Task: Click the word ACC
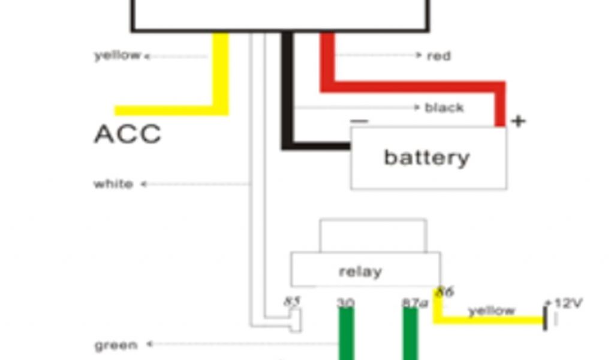tap(128, 134)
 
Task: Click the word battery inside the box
tap(426, 158)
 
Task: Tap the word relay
tap(360, 271)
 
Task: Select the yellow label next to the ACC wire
tap(117, 56)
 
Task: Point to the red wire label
tap(439, 56)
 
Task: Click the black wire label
tap(444, 108)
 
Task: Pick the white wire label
tap(113, 184)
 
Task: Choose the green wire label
tap(116, 345)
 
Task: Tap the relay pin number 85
tap(293, 301)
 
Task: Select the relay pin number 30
tap(345, 302)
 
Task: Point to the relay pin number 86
tap(444, 292)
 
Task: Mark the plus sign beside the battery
tap(518, 121)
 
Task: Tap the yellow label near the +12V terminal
tap(492, 310)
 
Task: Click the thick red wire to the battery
tap(414, 86)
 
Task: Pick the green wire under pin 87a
tap(410, 336)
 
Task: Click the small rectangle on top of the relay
tap(373, 235)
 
